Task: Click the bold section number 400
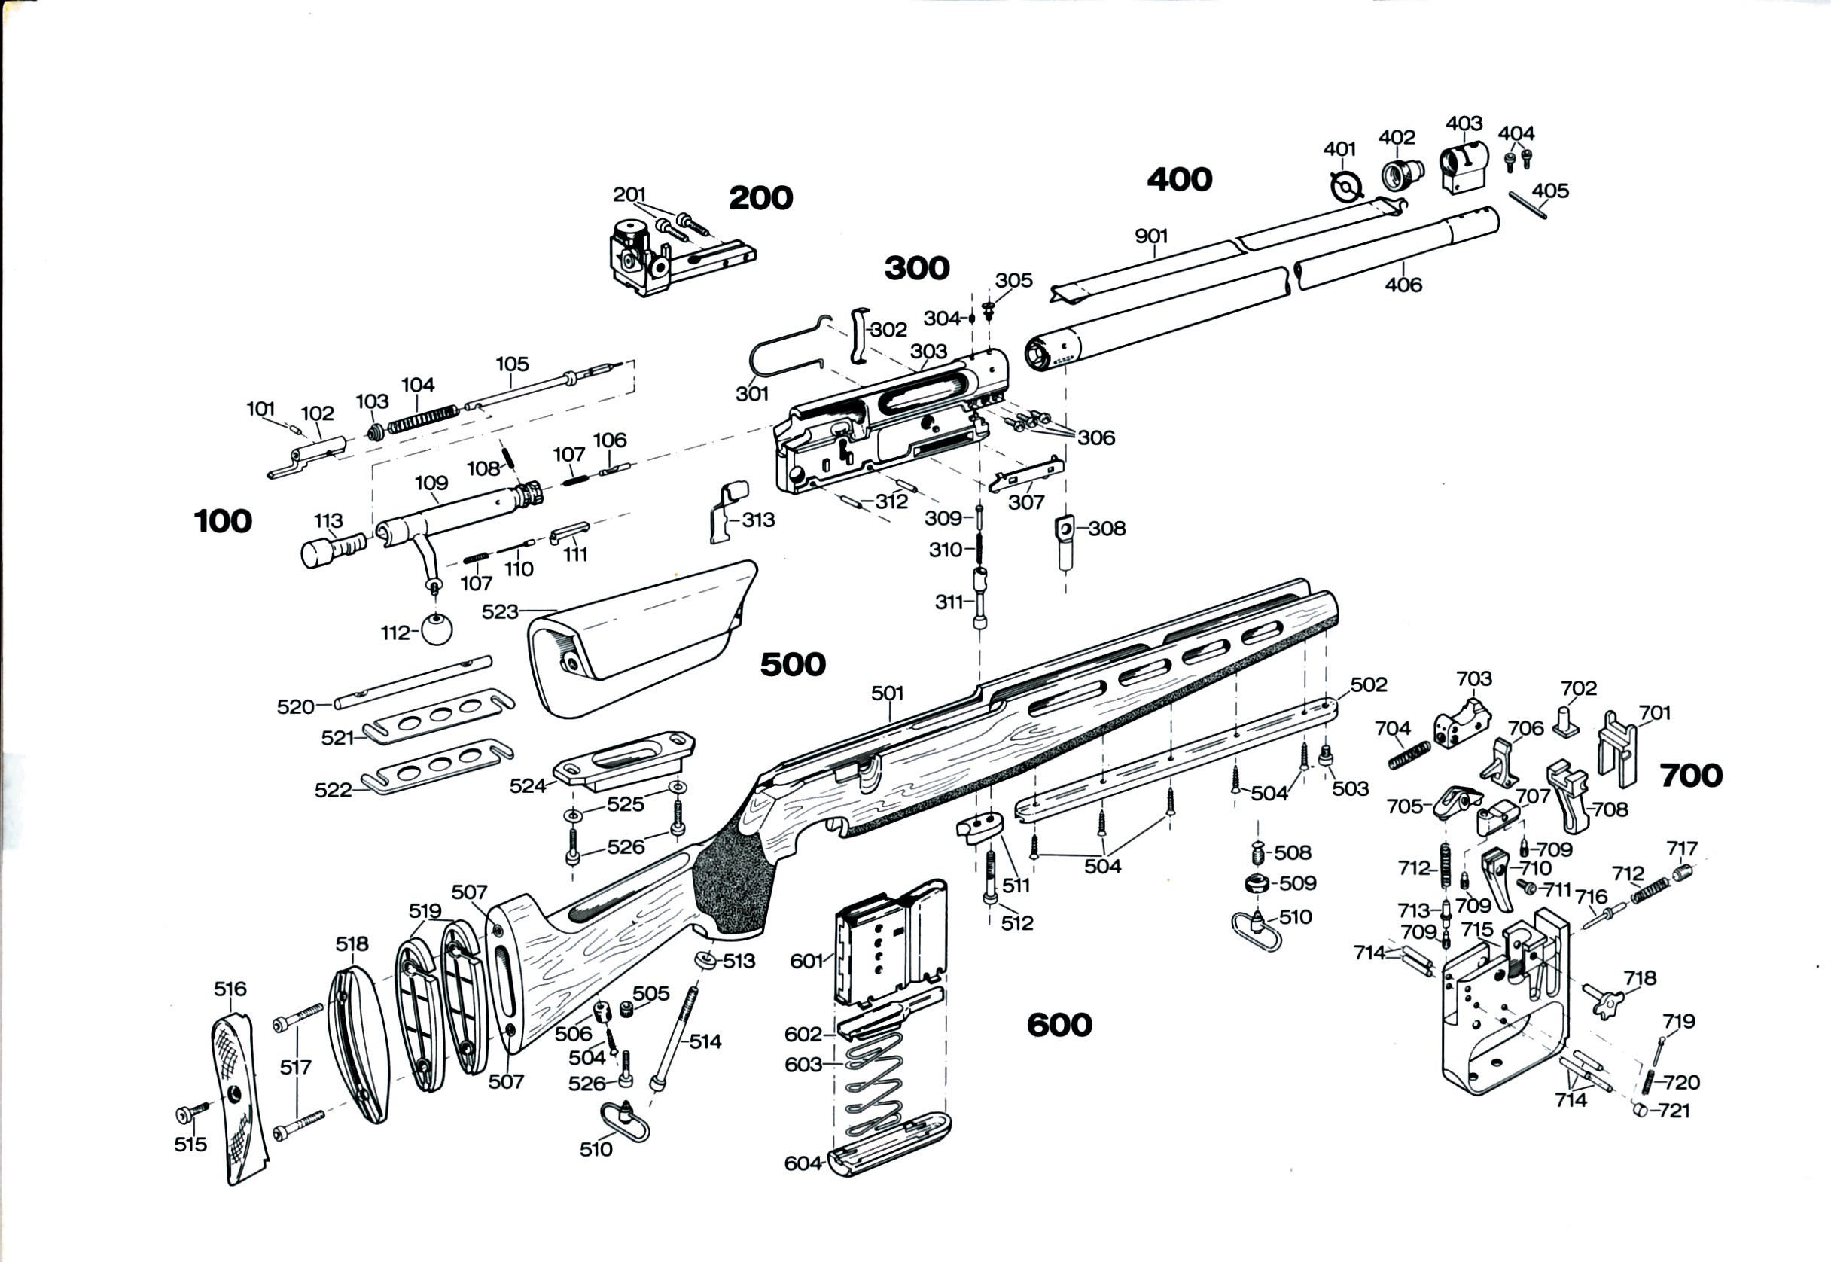(x=1180, y=179)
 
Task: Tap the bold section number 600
(x=1059, y=1025)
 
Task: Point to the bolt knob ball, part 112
(x=438, y=629)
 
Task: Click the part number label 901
(x=1151, y=236)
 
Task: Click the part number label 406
(x=1403, y=284)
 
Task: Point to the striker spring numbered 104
(x=423, y=419)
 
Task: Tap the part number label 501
(x=887, y=693)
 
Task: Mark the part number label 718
(x=1640, y=978)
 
